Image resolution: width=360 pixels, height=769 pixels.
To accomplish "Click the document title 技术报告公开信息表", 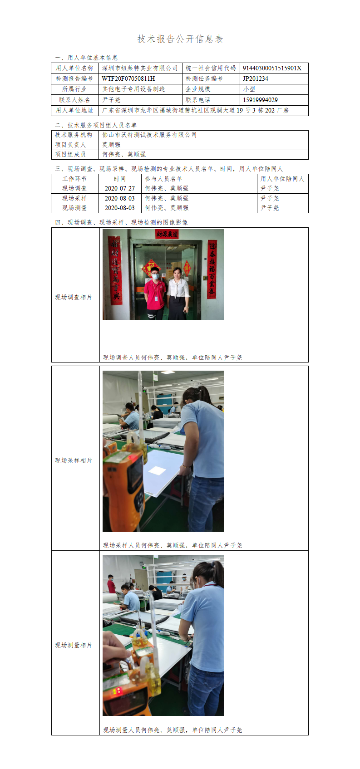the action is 180,39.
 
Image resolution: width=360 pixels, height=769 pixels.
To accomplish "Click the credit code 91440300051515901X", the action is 272,68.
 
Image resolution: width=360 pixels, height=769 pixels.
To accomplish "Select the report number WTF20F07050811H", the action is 128,78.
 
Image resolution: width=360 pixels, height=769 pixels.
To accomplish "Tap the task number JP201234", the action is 255,78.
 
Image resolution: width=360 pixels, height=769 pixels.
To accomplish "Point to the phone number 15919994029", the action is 260,100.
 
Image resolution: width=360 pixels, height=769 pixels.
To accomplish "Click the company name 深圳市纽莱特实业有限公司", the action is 140,68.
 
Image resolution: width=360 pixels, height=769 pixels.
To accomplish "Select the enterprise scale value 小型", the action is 249,89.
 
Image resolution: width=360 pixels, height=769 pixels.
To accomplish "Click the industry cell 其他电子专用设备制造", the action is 133,89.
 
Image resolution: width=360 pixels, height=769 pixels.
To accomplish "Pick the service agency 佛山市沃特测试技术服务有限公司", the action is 149,135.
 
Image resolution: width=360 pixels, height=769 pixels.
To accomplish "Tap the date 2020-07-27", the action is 119,188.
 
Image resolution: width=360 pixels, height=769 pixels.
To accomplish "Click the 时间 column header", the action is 120,179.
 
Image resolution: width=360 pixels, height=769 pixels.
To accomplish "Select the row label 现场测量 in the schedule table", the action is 74,208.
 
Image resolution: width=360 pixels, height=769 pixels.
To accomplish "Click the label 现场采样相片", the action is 74,460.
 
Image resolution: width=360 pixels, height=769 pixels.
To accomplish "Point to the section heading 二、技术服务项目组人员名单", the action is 96,125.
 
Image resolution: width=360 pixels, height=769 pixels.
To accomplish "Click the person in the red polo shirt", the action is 155,294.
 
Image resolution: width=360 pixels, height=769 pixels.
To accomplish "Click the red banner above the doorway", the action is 167,234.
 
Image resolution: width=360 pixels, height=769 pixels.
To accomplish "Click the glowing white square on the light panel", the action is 157,470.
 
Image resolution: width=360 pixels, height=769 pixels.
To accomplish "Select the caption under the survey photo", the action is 173,358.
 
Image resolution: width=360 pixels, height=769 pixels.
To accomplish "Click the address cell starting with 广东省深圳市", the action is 195,111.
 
